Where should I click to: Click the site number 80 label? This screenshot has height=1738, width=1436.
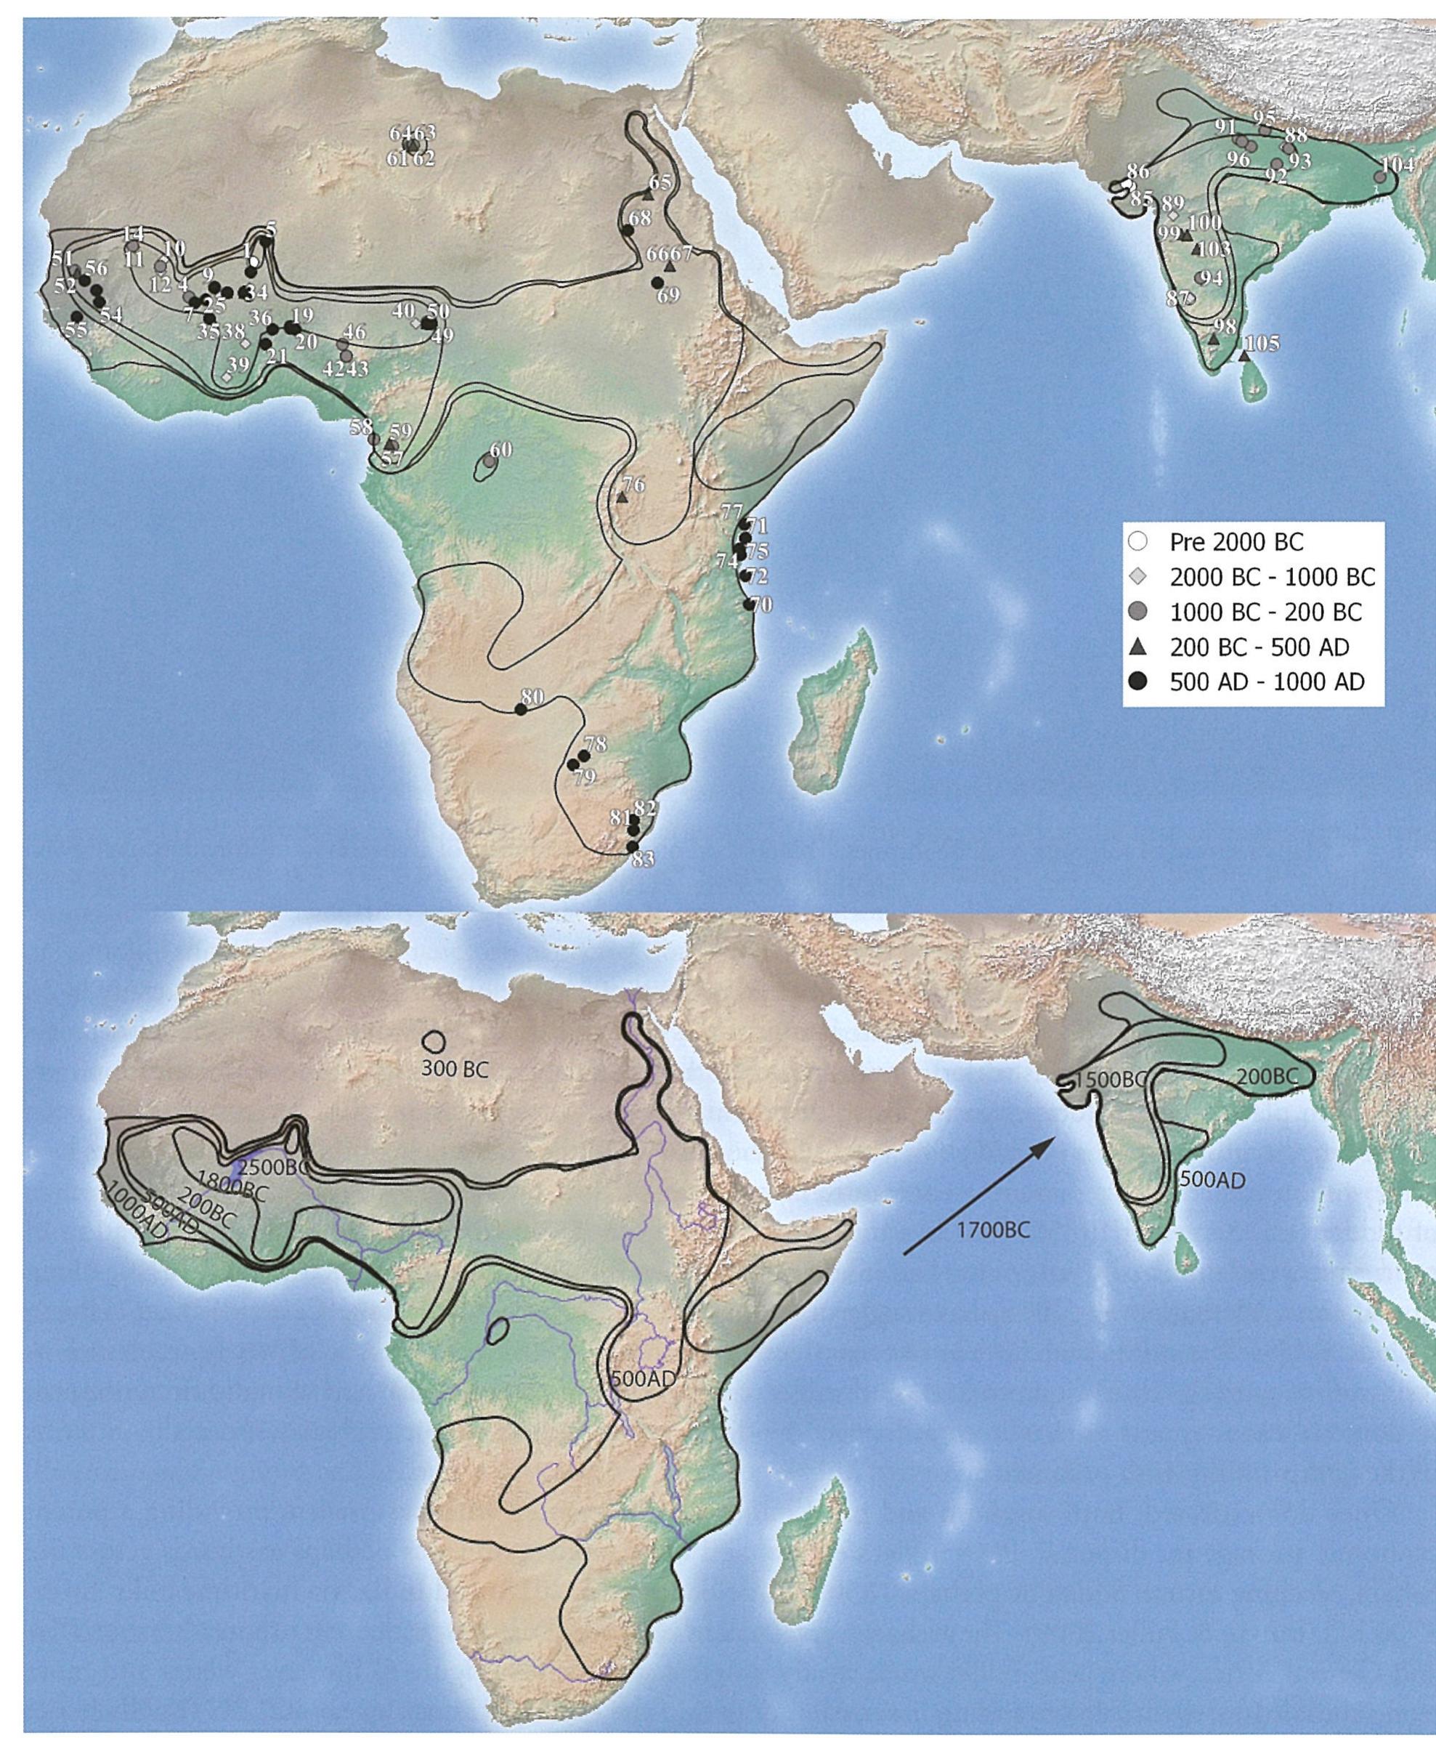[532, 697]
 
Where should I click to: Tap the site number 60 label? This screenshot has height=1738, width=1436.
[501, 450]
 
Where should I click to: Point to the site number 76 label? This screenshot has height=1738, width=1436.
[633, 485]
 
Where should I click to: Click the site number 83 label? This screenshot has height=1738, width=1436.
[643, 860]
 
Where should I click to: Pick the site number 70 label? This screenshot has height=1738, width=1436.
[761, 605]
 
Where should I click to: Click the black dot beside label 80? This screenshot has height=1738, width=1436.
[520, 709]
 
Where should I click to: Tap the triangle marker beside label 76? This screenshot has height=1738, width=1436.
[622, 497]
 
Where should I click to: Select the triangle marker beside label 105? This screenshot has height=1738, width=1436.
[1244, 356]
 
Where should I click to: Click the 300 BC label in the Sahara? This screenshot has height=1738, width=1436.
[454, 1069]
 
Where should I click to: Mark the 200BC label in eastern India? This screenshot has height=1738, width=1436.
[1262, 1076]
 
